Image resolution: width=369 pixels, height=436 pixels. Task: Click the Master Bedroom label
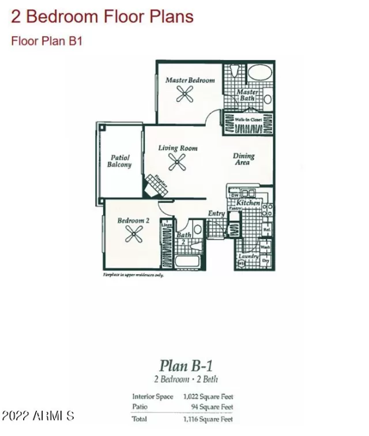(x=190, y=80)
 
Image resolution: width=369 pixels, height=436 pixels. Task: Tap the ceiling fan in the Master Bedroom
(x=185, y=95)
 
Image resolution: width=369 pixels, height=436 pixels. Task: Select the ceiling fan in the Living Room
(x=176, y=163)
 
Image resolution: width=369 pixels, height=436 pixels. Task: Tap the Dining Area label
(x=243, y=159)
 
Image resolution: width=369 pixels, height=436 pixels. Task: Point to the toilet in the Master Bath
(x=233, y=73)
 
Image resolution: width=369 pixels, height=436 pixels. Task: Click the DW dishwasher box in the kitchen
(x=235, y=195)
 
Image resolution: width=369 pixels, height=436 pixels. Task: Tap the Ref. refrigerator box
(x=266, y=229)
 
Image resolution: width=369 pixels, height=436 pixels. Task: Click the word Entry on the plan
(x=216, y=214)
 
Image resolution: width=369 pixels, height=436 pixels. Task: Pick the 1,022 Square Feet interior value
(x=208, y=396)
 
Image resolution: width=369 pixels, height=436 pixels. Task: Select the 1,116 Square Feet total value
(x=208, y=419)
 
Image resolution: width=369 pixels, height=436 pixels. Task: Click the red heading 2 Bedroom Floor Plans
(x=102, y=17)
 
